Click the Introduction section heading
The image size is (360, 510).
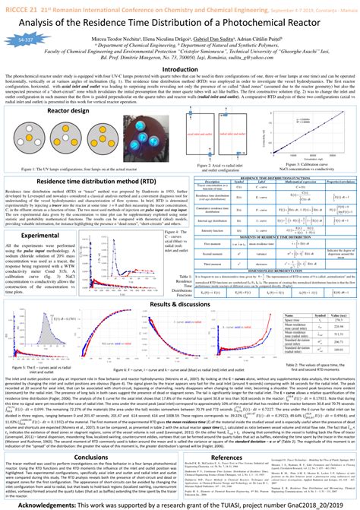click(180, 69)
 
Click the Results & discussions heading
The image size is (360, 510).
click(179, 283)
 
